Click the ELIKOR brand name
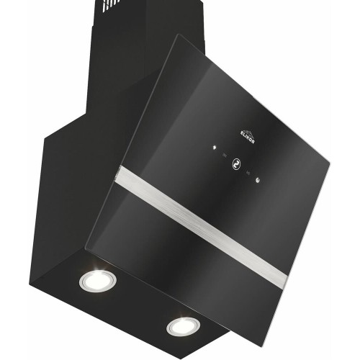pos(248,138)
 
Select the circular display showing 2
pos(236,164)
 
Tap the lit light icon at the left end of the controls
pos(215,148)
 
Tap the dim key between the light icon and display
pos(225,156)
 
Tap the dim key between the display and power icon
pos(248,173)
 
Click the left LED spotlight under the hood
pos(98,280)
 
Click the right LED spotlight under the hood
pos(183,326)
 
